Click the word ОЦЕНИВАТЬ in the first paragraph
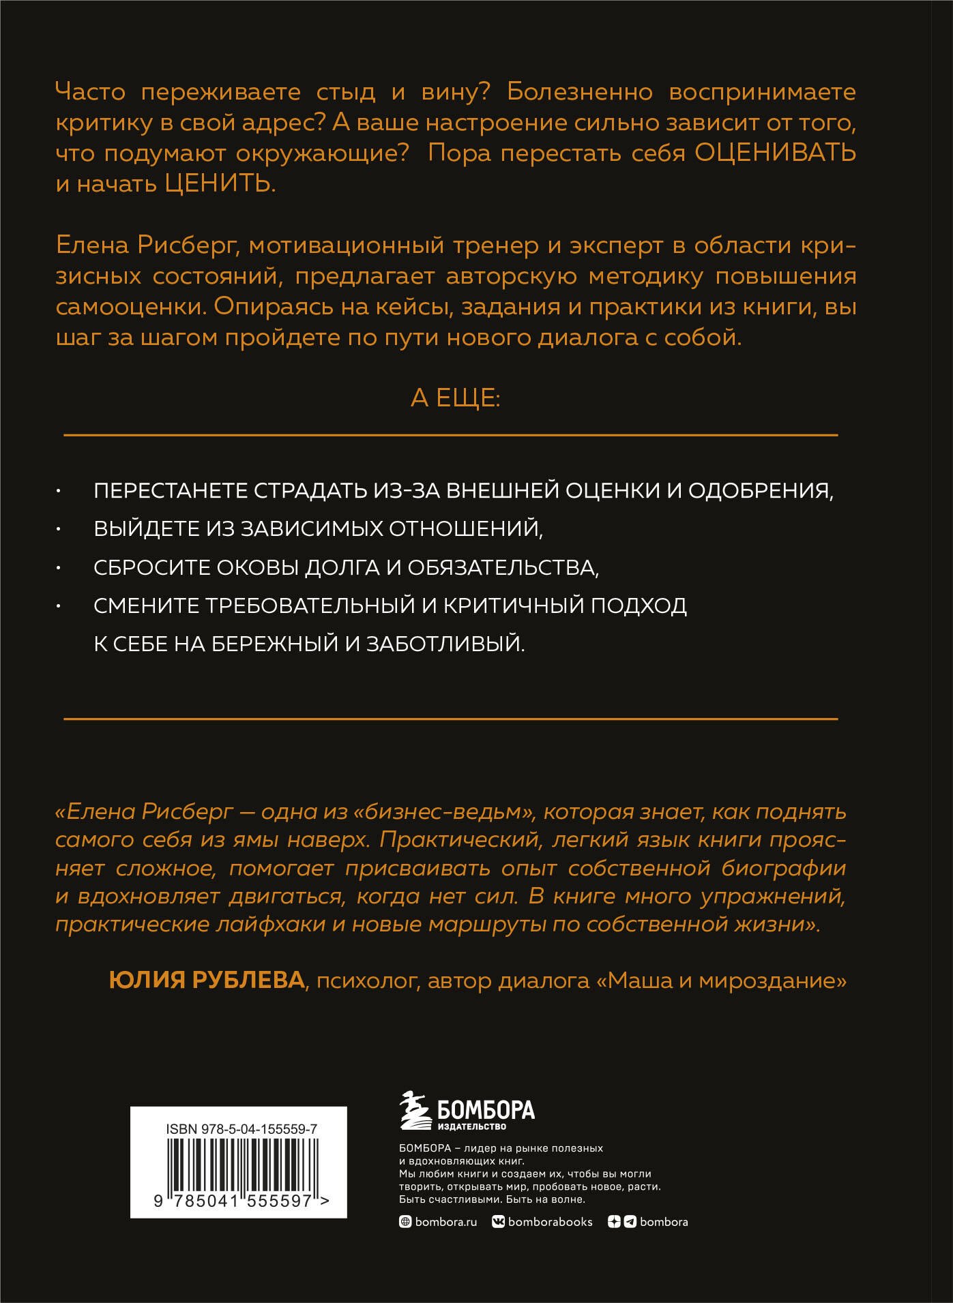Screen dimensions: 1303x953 775,153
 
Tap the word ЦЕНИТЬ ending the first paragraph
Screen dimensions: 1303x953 220,184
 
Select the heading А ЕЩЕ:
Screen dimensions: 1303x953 455,398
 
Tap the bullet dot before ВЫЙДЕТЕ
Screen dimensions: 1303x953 59,529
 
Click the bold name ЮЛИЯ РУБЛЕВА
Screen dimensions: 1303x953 207,980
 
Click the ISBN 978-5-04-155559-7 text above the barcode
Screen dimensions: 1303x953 241,1128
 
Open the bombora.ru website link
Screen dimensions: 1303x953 445,1222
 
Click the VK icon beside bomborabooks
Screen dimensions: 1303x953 498,1222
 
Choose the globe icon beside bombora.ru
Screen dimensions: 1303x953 405,1222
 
